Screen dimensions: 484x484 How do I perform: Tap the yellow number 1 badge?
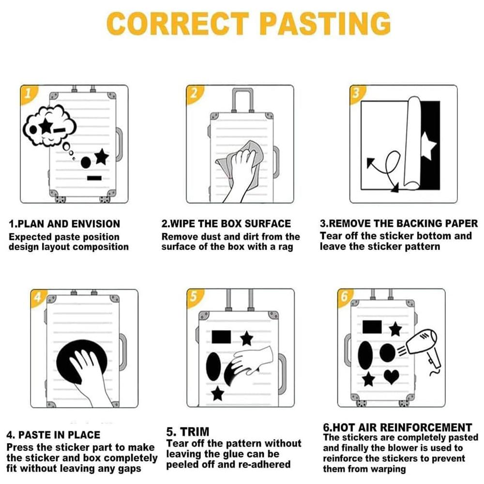[28, 93]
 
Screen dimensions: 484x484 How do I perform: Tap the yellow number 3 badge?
[357, 93]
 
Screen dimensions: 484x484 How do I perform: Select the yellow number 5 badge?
[194, 297]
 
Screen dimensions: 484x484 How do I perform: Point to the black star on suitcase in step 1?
[102, 157]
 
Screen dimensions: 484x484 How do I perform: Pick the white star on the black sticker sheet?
[428, 146]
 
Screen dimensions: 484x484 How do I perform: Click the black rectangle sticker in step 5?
[221, 337]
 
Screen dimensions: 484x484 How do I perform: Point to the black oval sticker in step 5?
[213, 366]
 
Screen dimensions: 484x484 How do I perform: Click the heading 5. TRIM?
[188, 431]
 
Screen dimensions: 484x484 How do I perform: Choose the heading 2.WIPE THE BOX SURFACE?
[226, 224]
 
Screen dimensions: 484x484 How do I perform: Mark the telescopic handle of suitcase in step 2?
[242, 100]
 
